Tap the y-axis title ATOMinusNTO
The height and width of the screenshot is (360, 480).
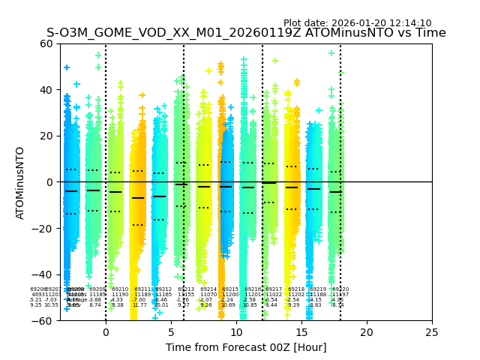click(x=21, y=182)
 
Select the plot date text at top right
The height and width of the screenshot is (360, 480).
click(x=357, y=23)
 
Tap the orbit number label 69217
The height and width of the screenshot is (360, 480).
click(x=274, y=289)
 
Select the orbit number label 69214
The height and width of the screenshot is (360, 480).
click(x=208, y=289)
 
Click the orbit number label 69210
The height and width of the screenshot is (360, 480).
click(x=120, y=289)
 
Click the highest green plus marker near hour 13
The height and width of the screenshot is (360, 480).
click(x=275, y=61)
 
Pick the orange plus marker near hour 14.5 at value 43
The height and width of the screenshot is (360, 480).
click(x=297, y=82)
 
